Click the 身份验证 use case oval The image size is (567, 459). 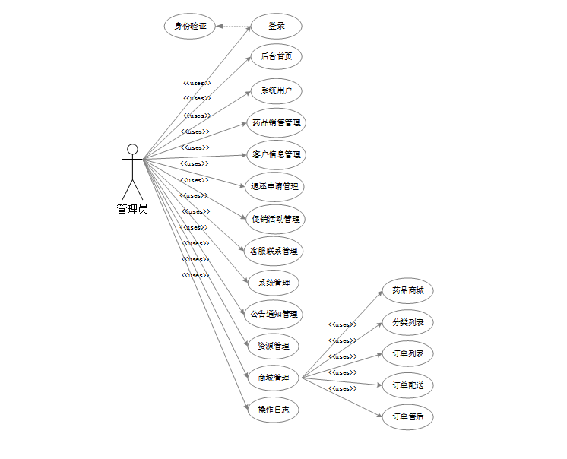click(190, 26)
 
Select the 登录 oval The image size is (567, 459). click(277, 26)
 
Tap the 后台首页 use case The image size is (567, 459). click(277, 56)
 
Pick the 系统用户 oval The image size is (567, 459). click(277, 90)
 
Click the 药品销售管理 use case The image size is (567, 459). click(276, 122)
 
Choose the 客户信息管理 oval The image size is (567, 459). click(276, 154)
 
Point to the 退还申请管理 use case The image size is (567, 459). click(275, 186)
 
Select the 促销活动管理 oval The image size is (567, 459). click(275, 219)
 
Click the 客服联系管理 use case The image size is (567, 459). click(274, 251)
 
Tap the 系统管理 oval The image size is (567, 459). click(274, 283)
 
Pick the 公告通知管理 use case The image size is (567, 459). click(274, 314)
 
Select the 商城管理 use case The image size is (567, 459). click(274, 378)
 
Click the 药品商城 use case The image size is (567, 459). click(407, 290)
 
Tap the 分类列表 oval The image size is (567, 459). click(407, 322)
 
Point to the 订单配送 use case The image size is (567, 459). click(407, 385)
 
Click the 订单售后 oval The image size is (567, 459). click(407, 416)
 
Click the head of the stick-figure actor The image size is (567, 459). click(132, 149)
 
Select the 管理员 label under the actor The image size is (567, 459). click(132, 209)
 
